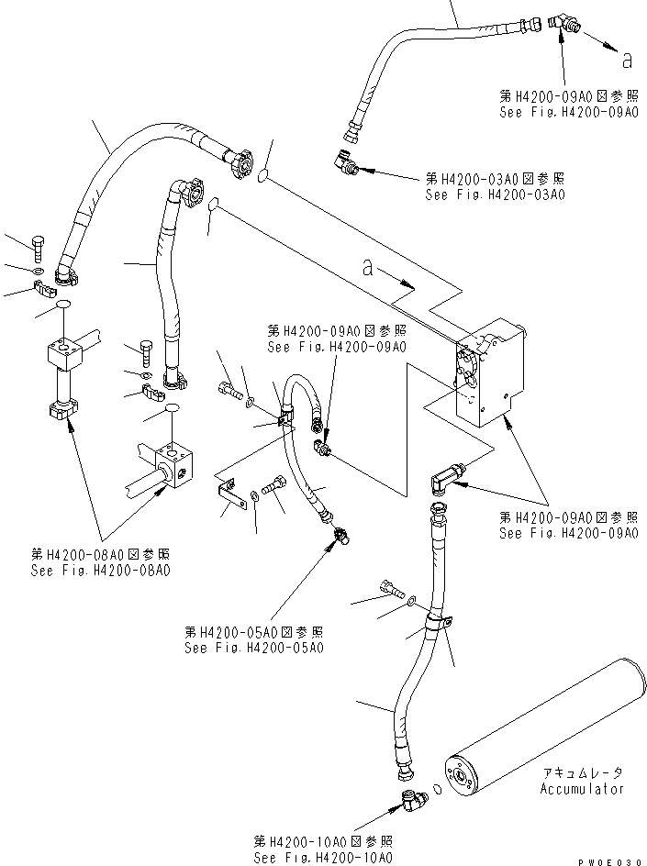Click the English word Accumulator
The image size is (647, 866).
[581, 789]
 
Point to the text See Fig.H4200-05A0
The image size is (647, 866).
[253, 649]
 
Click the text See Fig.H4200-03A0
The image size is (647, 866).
[495, 194]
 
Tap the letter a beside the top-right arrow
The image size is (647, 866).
[628, 60]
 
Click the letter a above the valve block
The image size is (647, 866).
[368, 268]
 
